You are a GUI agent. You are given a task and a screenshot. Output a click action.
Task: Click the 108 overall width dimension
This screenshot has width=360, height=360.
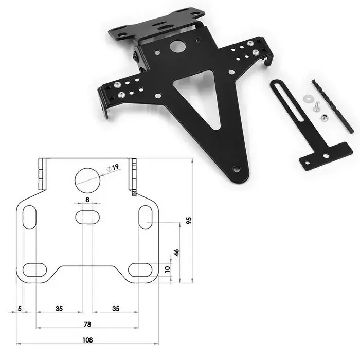(87, 340)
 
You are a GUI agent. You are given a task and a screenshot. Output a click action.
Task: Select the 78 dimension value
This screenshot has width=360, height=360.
(87, 324)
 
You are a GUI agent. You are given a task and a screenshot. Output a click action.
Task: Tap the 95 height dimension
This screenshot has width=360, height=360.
(189, 220)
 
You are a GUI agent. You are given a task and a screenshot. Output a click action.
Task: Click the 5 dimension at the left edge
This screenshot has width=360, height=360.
(19, 309)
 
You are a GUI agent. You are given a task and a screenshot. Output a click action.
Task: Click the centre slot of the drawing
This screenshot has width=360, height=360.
(88, 217)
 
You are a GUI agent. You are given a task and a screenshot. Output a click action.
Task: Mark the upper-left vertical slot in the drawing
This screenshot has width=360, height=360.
(29, 216)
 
